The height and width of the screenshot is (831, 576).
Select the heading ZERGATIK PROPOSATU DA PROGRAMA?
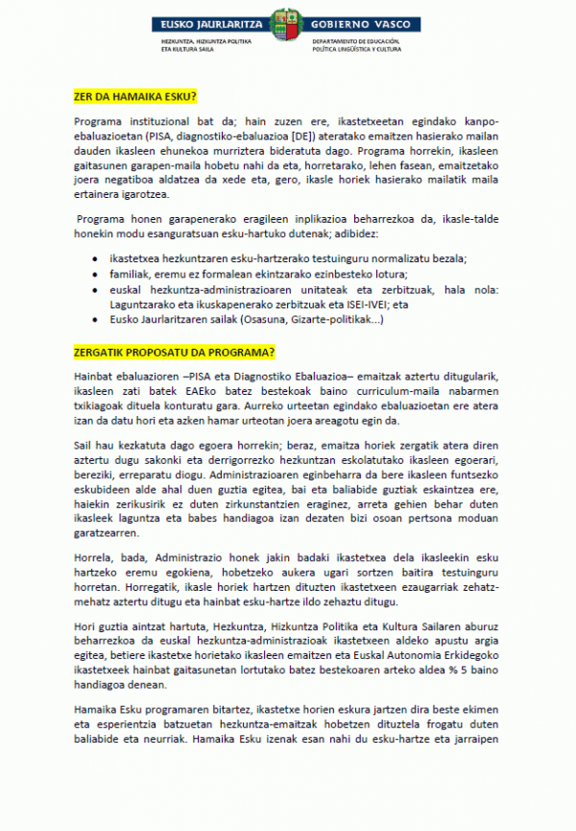(x=174, y=350)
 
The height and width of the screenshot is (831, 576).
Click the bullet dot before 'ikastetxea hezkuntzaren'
(x=94, y=259)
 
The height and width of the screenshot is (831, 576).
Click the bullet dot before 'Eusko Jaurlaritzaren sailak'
(x=94, y=319)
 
